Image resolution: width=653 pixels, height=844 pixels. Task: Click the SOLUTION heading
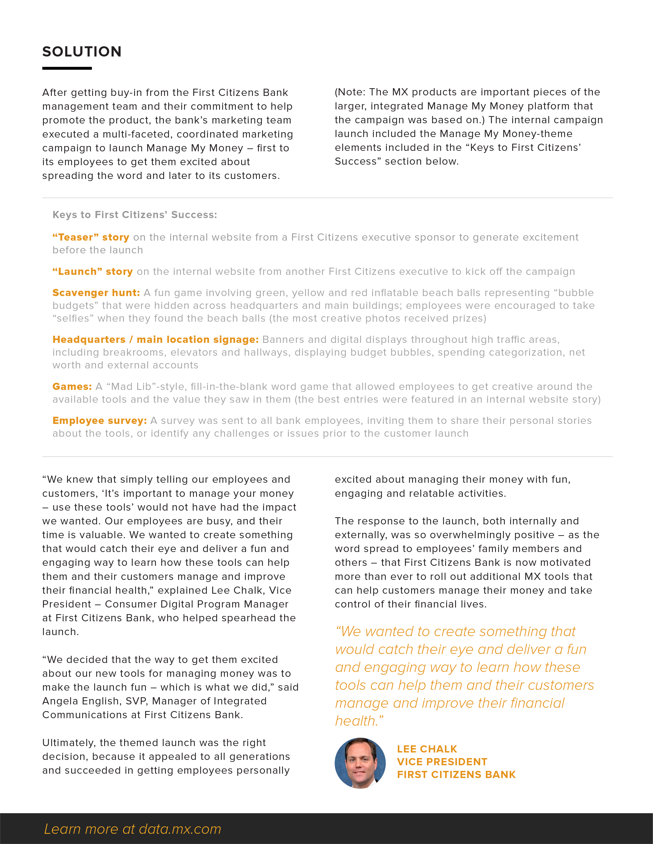click(82, 52)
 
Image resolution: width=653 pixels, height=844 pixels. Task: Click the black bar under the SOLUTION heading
click(67, 69)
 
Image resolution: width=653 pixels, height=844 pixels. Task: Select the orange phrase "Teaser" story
click(91, 237)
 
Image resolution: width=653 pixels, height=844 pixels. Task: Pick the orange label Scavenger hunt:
click(96, 293)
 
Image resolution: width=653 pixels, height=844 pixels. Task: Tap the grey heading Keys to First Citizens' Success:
click(135, 215)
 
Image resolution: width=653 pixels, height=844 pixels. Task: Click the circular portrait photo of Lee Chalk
click(360, 763)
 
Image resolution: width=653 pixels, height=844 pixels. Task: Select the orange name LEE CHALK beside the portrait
click(427, 749)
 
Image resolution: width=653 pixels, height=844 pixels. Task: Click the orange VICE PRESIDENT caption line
click(442, 762)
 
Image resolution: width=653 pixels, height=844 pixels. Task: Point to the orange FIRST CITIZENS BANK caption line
click(456, 774)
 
